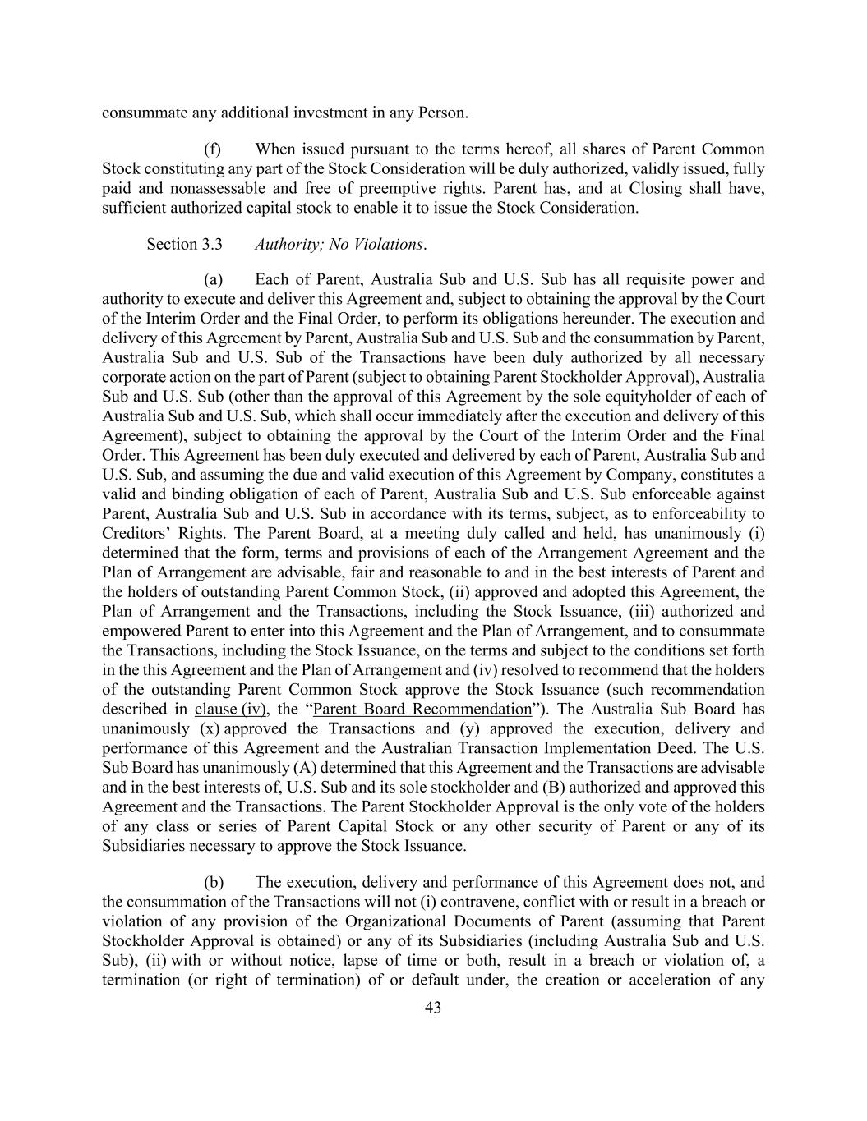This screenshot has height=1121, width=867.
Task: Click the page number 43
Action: click(x=433, y=1008)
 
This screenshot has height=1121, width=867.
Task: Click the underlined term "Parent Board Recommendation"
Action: click(x=423, y=710)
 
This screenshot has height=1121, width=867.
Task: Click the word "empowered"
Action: click(x=141, y=632)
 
